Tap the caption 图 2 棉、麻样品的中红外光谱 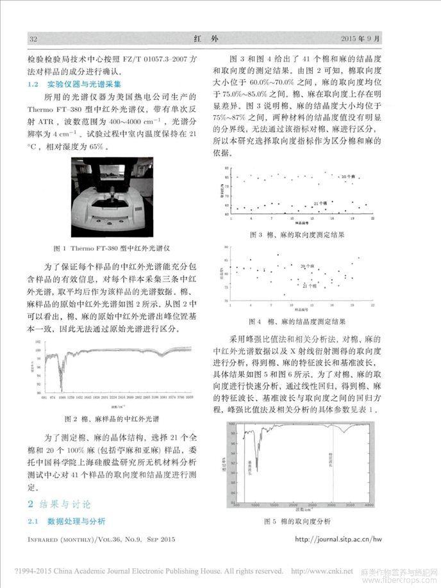(113, 420)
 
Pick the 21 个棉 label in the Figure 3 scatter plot (320, 203)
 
